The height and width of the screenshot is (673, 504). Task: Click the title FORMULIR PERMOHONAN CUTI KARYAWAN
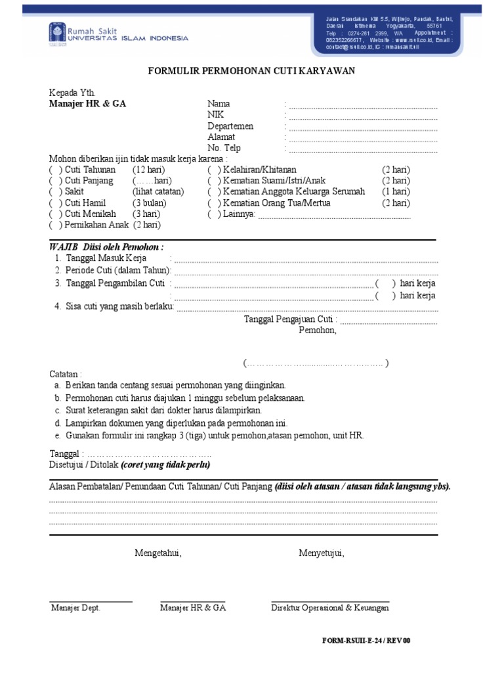pyautogui.click(x=252, y=72)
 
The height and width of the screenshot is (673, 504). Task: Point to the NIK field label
pyautogui.click(x=216, y=115)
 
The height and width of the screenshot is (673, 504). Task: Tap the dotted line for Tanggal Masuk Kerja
pyautogui.click(x=306, y=260)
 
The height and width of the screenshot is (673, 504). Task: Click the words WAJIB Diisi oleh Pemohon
pyautogui.click(x=106, y=246)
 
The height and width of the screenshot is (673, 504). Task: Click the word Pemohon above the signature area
pyautogui.click(x=318, y=331)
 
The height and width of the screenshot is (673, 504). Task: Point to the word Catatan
pyautogui.click(x=66, y=373)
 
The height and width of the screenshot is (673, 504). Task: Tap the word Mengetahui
pyautogui.click(x=158, y=553)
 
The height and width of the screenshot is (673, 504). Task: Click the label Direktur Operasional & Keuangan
pyautogui.click(x=330, y=608)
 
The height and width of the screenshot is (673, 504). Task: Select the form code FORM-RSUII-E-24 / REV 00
pyautogui.click(x=366, y=641)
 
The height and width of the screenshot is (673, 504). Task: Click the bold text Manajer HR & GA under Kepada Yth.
pyautogui.click(x=88, y=104)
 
